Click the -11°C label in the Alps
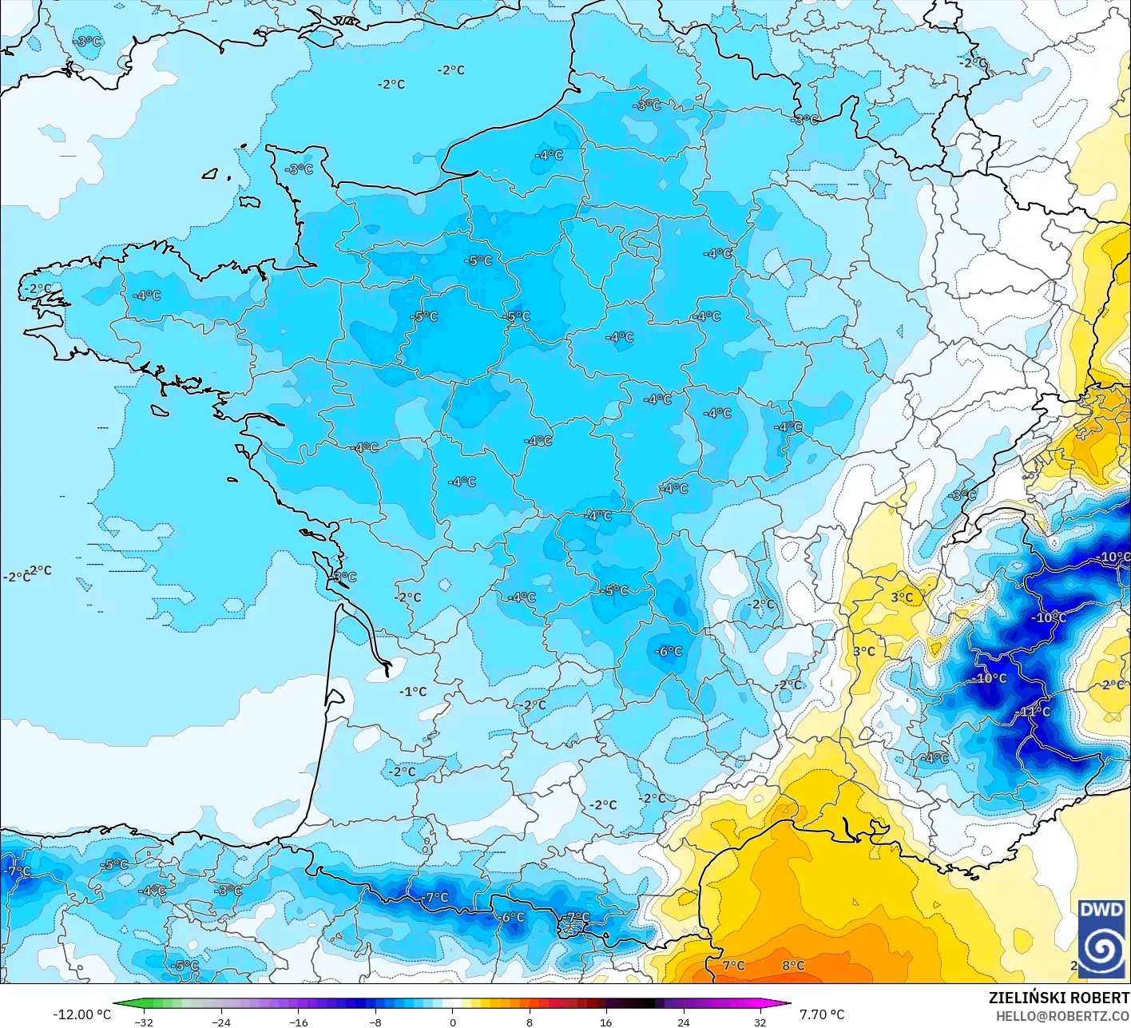[x=1033, y=712]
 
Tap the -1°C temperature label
[x=413, y=692]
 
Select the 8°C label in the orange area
[x=792, y=966]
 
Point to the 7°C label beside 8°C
[x=733, y=966]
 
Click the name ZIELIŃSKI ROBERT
[x=1058, y=998]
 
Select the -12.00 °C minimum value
[x=81, y=1014]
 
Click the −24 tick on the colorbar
[x=220, y=1022]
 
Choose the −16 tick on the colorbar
[x=298, y=1022]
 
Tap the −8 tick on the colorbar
[x=375, y=1022]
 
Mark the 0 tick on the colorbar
[x=452, y=1022]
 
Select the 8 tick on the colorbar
[x=530, y=1022]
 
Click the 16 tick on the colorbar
[x=606, y=1022]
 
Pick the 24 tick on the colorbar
[x=684, y=1022]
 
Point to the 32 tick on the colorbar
[x=760, y=1022]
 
